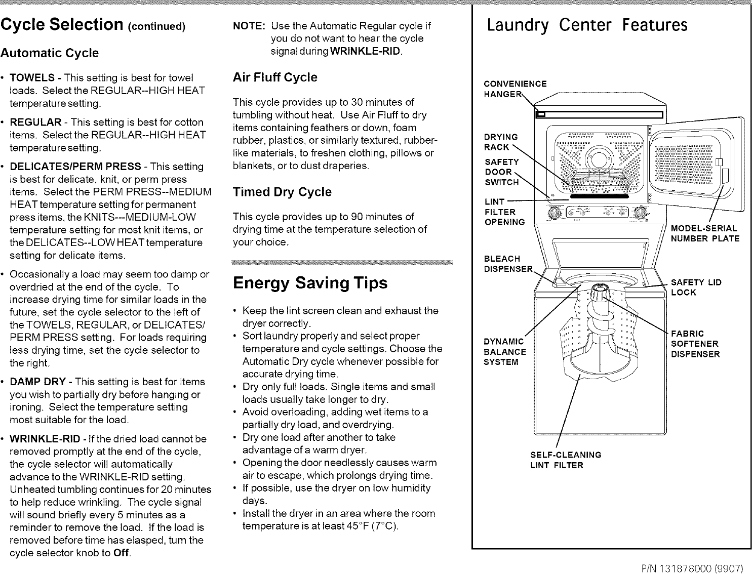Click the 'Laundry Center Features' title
point(587,25)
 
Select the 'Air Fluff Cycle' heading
point(274,77)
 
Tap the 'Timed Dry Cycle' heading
point(282,192)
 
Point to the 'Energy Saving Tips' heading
point(310,283)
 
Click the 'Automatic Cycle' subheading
point(49,53)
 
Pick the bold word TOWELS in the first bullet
point(32,78)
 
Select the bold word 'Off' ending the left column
point(122,553)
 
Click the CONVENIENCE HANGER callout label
point(515,89)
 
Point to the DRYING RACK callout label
point(501,142)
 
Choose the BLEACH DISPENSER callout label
point(508,264)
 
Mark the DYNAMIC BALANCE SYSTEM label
point(505,352)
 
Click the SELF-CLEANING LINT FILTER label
point(566,460)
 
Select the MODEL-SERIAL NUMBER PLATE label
point(705,233)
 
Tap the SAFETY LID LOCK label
point(696,287)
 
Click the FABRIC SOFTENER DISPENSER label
point(695,344)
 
